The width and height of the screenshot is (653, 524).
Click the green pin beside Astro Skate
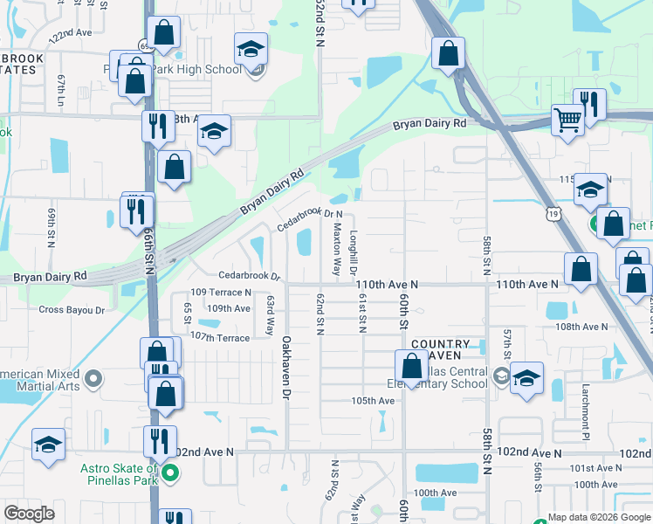coord(171,475)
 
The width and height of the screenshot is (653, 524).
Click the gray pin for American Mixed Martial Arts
coord(95,379)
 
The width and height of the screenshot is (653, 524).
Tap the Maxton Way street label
coord(337,247)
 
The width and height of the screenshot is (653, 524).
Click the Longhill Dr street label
coord(354,253)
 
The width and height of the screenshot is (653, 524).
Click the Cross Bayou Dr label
coord(72,309)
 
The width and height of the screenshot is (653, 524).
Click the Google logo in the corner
coord(30,514)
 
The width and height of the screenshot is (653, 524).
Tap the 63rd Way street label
coord(271,314)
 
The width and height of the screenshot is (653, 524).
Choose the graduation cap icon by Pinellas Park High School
coord(251,51)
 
